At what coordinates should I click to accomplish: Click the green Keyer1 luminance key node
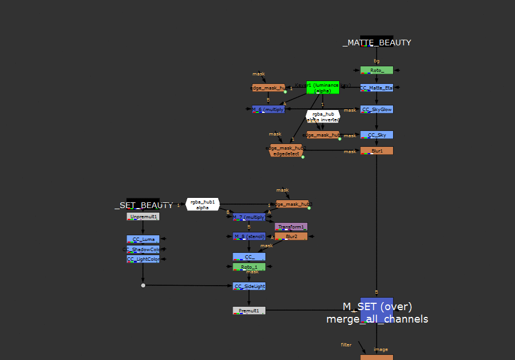pyautogui.click(x=323, y=87)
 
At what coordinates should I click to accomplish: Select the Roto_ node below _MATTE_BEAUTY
pyautogui.click(x=377, y=70)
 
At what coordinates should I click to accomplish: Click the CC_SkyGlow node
pyautogui.click(x=377, y=109)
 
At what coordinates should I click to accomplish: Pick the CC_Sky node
pyautogui.click(x=377, y=135)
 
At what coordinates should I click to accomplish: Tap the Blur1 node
pyautogui.click(x=377, y=151)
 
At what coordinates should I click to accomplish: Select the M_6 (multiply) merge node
pyautogui.click(x=268, y=109)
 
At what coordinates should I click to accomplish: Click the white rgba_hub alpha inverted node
pyautogui.click(x=323, y=116)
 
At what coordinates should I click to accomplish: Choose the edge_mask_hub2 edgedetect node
pyautogui.click(x=286, y=151)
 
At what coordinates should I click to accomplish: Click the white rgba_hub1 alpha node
pyautogui.click(x=202, y=204)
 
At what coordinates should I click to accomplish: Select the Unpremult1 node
pyautogui.click(x=143, y=217)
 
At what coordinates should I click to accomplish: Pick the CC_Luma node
pyautogui.click(x=143, y=239)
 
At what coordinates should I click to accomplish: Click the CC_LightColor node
pyautogui.click(x=143, y=259)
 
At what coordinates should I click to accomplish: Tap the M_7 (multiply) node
pyautogui.click(x=249, y=217)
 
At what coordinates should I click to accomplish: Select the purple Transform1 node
pyautogui.click(x=291, y=226)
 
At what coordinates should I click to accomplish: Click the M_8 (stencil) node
pyautogui.click(x=249, y=236)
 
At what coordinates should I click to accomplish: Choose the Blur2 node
pyautogui.click(x=291, y=236)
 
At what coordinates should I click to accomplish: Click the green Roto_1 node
pyautogui.click(x=249, y=266)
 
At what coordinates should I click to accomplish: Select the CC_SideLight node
pyautogui.click(x=249, y=286)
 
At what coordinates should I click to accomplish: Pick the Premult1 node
pyautogui.click(x=249, y=311)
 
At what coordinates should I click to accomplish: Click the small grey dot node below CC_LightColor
pyautogui.click(x=143, y=285)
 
